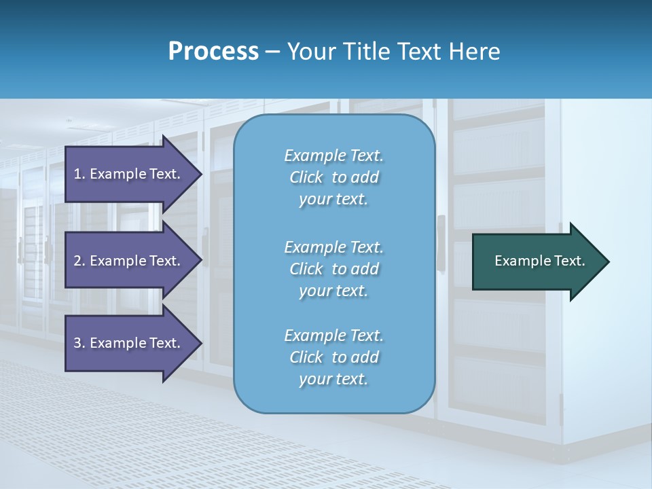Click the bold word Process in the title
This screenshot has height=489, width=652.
tap(213, 52)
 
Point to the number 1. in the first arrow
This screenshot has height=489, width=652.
tap(79, 174)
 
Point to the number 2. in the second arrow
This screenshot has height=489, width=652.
tap(79, 261)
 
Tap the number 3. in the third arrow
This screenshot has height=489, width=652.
tap(79, 343)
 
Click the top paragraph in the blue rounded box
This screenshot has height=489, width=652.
tap(334, 177)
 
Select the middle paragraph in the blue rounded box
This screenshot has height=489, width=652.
tap(334, 269)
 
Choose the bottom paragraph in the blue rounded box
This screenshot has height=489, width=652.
tap(334, 357)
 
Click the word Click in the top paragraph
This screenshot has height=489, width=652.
tap(306, 177)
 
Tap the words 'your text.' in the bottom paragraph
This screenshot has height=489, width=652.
tap(333, 380)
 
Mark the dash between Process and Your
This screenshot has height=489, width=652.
tap(272, 52)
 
